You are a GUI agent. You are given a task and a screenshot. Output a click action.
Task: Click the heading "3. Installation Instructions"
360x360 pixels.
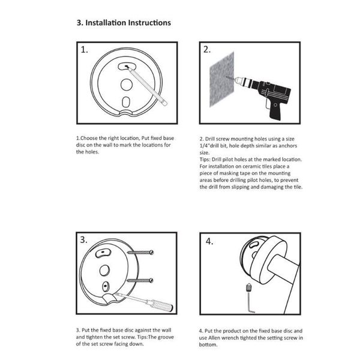pyautogui.click(x=124, y=22)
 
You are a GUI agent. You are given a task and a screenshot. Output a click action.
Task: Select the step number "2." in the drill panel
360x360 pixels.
pyautogui.click(x=207, y=50)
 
